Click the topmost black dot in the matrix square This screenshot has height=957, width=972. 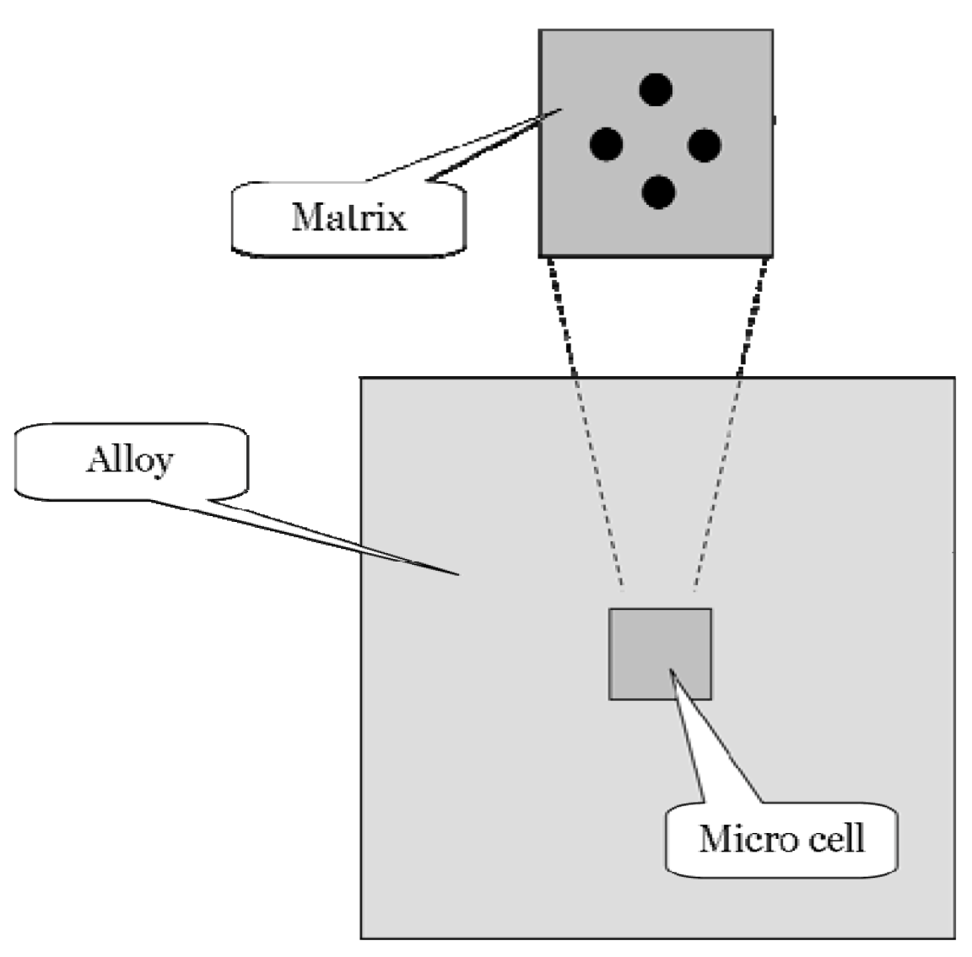point(656,89)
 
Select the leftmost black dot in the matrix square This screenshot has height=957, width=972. point(606,145)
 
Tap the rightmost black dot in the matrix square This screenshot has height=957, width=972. point(705,145)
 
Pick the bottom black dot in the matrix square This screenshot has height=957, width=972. point(658,192)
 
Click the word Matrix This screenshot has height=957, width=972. point(348,217)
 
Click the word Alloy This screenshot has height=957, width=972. point(129,460)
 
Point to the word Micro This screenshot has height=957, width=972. point(738,839)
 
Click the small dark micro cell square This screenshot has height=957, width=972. point(660,653)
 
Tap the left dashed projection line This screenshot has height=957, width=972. point(582,422)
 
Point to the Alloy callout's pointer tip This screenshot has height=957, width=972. point(458,575)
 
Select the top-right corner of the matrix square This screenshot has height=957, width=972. point(771,30)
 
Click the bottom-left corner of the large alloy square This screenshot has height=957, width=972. point(362,937)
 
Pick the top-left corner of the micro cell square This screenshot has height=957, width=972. point(610,609)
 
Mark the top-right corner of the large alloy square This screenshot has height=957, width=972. point(954,377)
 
